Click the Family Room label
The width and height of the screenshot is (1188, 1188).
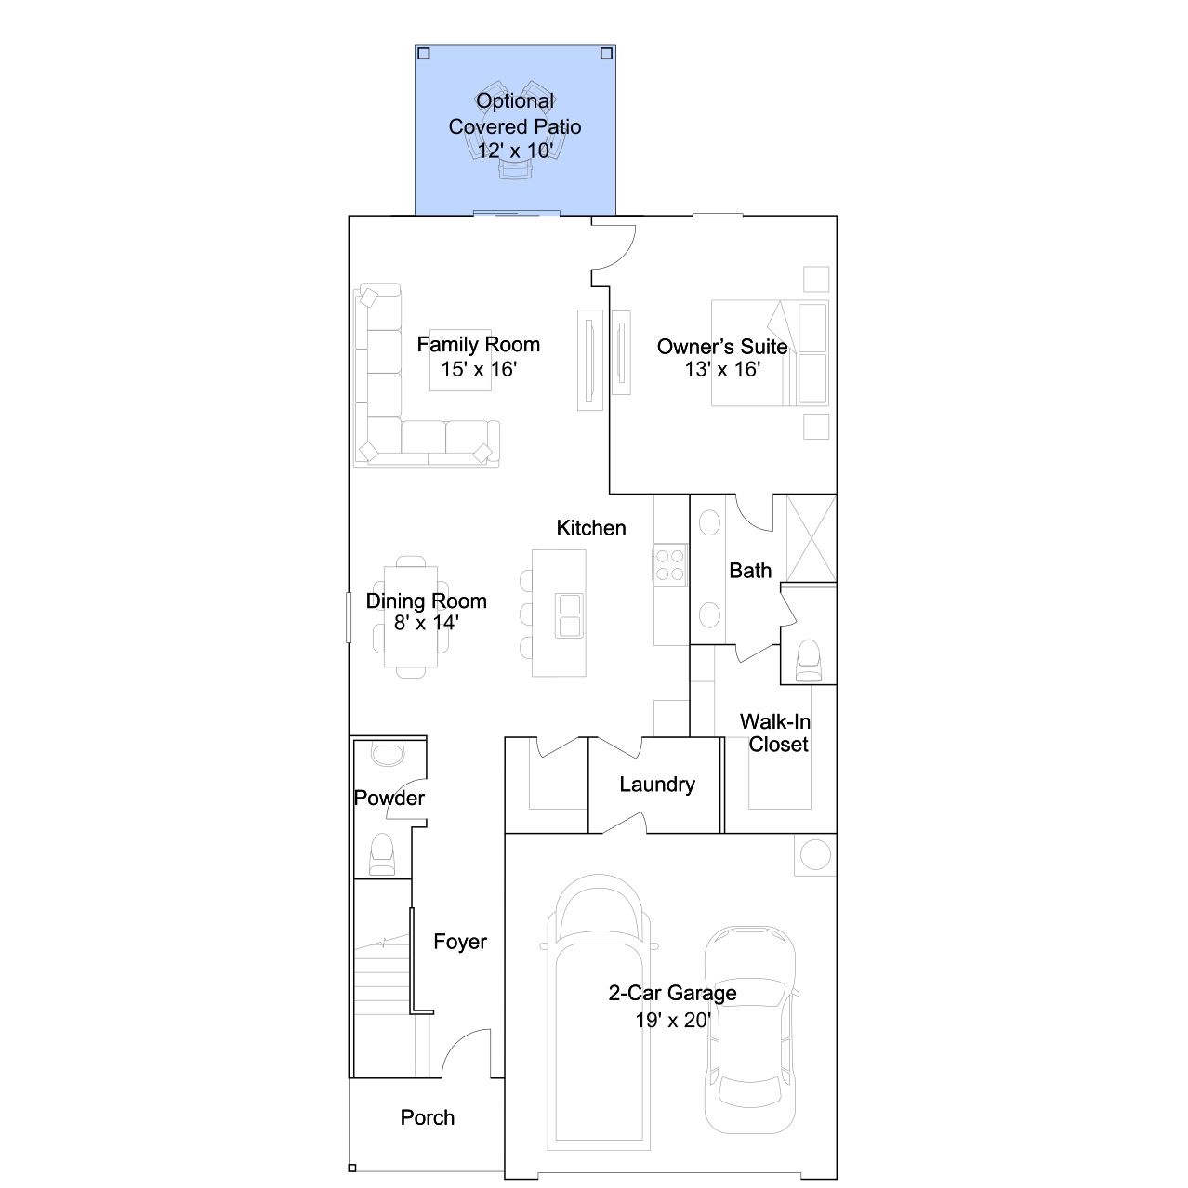point(479,344)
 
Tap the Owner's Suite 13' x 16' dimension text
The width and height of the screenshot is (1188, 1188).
point(722,369)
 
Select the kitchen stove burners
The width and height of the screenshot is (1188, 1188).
point(670,564)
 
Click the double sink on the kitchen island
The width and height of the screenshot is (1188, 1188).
point(569,615)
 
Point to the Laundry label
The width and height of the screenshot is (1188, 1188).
point(657,785)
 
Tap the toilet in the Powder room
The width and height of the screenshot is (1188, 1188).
point(381,854)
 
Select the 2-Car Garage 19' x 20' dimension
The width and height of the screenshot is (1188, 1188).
point(673,1021)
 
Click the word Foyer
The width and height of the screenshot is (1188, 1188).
point(460,942)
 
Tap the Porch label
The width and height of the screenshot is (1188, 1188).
point(428,1117)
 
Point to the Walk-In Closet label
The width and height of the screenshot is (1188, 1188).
point(775,733)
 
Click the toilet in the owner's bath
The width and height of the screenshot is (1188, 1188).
point(809,661)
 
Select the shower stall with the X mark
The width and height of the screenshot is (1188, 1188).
point(812,539)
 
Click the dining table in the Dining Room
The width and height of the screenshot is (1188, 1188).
point(411,616)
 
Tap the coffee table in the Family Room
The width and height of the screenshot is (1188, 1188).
point(460,360)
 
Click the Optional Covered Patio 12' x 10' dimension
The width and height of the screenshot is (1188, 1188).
point(515,151)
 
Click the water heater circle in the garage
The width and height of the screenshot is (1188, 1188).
point(815,855)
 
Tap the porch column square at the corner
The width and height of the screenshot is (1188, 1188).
point(352,1168)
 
